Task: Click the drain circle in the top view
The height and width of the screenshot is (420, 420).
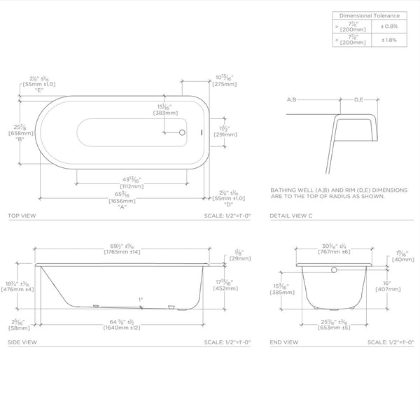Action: click(182, 131)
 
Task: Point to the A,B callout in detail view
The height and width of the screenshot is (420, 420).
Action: click(293, 101)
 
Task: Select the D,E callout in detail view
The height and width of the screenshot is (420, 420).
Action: click(358, 101)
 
